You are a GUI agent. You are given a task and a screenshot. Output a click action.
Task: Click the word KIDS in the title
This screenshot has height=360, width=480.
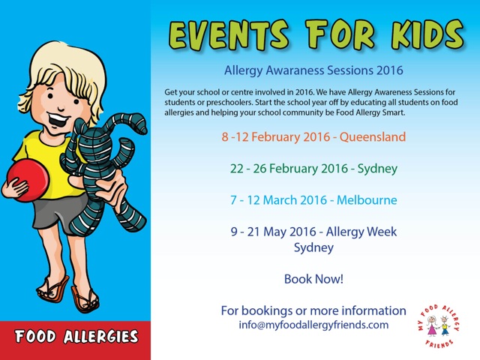tap(427, 34)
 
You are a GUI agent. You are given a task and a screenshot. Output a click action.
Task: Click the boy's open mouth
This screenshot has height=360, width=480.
tap(58, 120)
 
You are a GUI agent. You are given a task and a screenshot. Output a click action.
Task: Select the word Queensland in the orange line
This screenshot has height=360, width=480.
tap(373, 136)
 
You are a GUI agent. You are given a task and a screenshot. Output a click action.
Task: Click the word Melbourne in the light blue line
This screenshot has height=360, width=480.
tap(367, 200)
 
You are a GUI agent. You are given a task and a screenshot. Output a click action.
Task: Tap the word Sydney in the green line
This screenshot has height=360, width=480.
tap(377, 169)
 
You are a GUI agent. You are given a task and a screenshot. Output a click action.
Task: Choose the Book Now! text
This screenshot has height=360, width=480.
tap(313, 279)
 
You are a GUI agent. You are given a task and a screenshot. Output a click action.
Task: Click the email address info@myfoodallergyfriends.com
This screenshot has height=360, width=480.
tap(313, 325)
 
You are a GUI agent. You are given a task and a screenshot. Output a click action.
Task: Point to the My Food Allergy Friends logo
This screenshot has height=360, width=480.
tap(439, 326)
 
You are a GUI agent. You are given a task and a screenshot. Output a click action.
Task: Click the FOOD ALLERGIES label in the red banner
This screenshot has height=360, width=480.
tap(76, 337)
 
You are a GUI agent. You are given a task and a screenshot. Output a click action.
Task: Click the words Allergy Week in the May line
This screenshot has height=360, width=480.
tap(361, 232)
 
